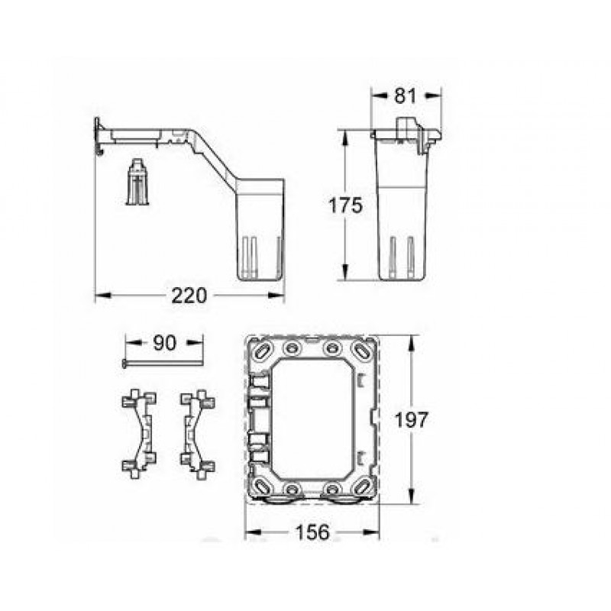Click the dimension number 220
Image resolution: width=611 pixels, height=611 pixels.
[189, 296]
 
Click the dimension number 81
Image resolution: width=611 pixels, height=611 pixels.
[406, 96]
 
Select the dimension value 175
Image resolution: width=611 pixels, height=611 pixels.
[345, 205]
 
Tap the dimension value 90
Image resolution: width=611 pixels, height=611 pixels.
[164, 343]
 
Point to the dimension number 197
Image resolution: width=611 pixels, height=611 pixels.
[412, 420]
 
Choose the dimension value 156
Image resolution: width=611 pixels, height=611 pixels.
[312, 532]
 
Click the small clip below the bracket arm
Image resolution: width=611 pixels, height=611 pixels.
[137, 182]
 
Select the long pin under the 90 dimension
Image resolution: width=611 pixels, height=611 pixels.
[163, 364]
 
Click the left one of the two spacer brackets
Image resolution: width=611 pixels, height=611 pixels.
[139, 434]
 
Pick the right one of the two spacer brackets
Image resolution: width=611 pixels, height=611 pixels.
[198, 434]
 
